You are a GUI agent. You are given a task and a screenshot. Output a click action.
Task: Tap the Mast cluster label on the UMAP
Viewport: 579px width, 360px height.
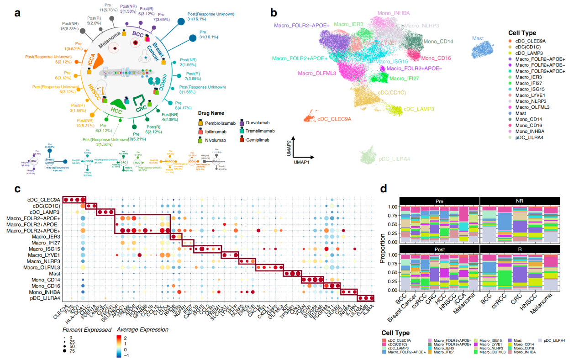(x=478, y=38)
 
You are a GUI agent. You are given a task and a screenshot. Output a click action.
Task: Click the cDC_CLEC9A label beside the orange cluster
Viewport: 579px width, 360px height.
(x=334, y=119)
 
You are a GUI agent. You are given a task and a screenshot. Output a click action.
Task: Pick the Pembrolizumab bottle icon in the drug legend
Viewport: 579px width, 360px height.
(x=200, y=123)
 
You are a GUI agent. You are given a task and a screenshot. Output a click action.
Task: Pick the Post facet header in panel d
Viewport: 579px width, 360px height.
(x=439, y=249)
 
